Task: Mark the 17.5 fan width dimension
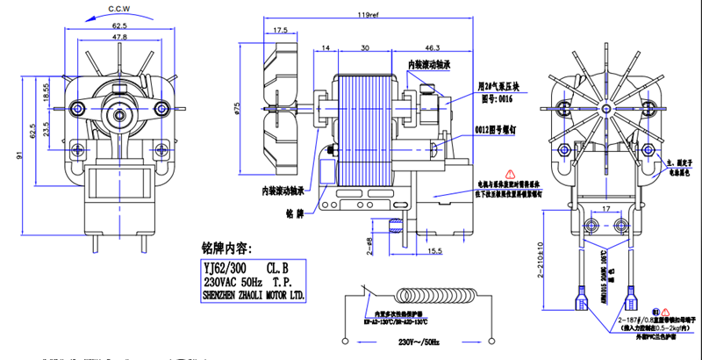282,31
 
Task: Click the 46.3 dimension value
432,46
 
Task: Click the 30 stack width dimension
363,46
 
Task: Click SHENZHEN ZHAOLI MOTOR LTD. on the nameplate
254,297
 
